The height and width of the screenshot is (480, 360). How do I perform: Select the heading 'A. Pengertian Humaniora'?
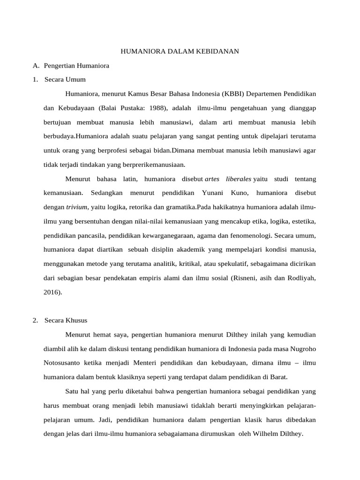click(x=71, y=66)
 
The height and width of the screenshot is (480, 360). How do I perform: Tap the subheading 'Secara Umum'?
click(x=65, y=80)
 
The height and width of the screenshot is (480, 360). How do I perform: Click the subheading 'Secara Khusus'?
click(x=66, y=321)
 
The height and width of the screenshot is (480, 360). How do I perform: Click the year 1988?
click(x=157, y=108)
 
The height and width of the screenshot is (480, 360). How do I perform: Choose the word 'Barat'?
click(x=277, y=377)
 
